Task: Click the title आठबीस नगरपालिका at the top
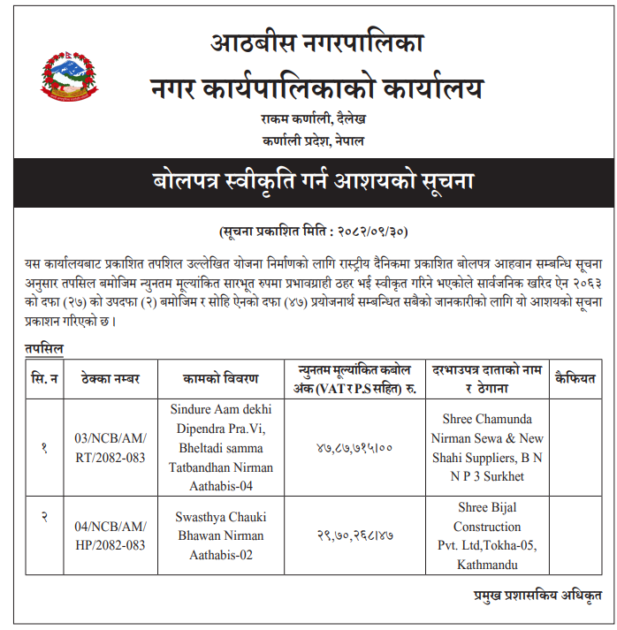pos(317,42)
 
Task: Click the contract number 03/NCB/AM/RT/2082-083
pos(110,447)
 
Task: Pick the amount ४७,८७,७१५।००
pos(354,448)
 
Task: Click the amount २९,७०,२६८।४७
pos(354,535)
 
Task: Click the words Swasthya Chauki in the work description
pos(221,516)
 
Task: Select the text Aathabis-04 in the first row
pos(221,487)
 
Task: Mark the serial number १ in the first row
pos(43,448)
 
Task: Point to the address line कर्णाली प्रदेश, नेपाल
pos(313,140)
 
